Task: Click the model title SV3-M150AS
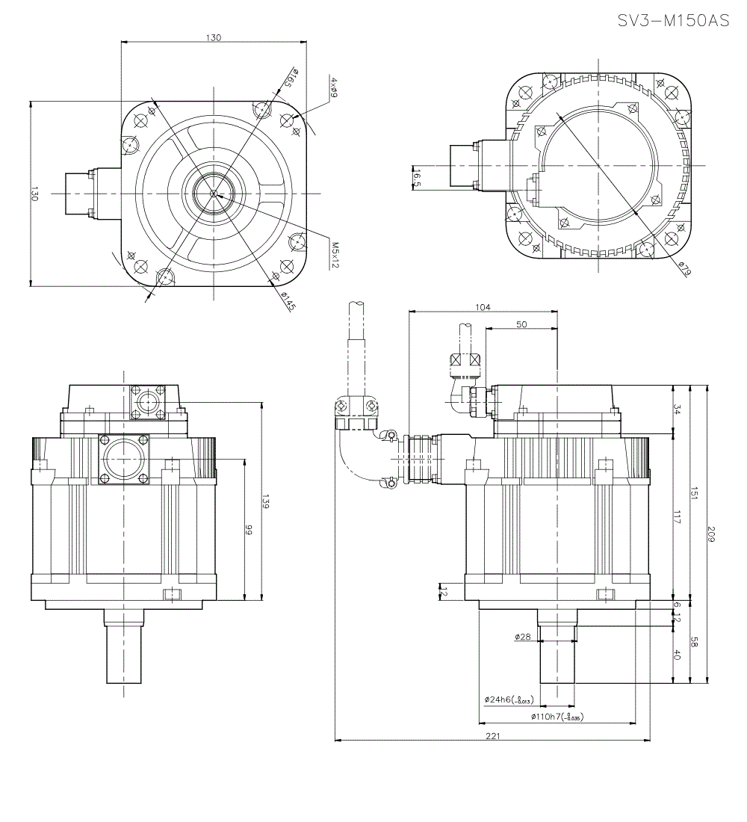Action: click(x=673, y=21)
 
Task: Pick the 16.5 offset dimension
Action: click(x=417, y=177)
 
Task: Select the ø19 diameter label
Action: click(x=683, y=268)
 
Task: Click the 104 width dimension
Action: click(x=483, y=307)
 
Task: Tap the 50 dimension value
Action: click(x=521, y=324)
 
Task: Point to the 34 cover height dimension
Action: click(x=677, y=410)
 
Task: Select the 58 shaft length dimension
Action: click(x=693, y=642)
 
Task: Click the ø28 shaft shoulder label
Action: click(x=522, y=637)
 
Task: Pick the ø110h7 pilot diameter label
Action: click(x=557, y=716)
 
